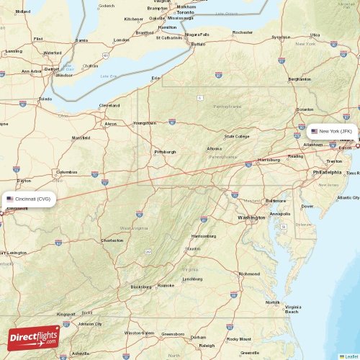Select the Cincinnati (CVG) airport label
[28, 199]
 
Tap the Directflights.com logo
[33, 337]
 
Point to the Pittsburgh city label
[165, 152]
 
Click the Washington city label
[251, 217]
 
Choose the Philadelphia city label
[328, 173]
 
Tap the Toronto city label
[186, 13]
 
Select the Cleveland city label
[109, 105]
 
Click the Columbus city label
[67, 172]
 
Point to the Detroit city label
[52, 69]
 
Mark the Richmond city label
[249, 274]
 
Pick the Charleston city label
[112, 240]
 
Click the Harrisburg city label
[269, 160]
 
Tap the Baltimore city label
[276, 201]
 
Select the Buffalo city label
[197, 44]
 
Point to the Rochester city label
[243, 32]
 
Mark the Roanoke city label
[166, 286]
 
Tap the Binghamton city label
[300, 79]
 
